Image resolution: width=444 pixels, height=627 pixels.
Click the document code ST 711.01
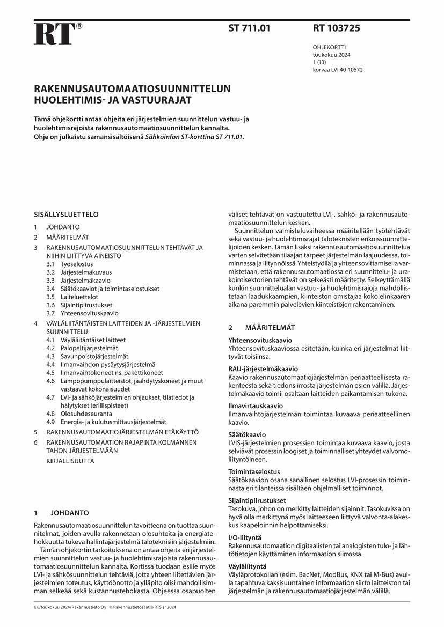tap(250, 28)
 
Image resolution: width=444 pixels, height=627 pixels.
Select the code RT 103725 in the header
tap(337, 28)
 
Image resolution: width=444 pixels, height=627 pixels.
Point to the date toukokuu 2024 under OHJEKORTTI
tap(331, 55)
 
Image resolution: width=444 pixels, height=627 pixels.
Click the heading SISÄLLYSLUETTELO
tap(66, 215)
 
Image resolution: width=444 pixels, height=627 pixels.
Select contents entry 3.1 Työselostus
tap(69, 264)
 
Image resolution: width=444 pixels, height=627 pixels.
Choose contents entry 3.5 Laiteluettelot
tap(71, 297)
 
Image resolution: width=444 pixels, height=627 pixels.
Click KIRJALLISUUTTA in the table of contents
tap(70, 461)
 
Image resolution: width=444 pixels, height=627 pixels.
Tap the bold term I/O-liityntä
tap(245, 537)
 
